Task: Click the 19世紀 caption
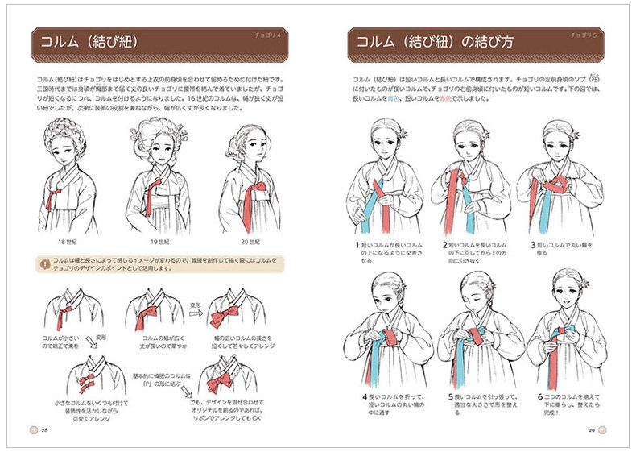[x=159, y=242]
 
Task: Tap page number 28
[x=45, y=430]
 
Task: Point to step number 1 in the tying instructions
[x=356, y=243]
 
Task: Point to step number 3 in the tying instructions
[x=532, y=243]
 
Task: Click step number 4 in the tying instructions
[x=356, y=396]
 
